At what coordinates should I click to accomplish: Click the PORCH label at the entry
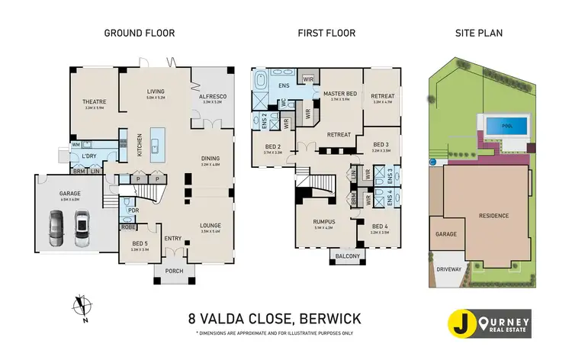175,271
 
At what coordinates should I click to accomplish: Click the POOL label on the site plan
506,126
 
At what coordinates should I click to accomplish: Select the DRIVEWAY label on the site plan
448,269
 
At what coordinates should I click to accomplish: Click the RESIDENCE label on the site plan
493,216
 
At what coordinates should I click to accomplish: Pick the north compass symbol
81,305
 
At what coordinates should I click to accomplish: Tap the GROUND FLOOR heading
140,33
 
